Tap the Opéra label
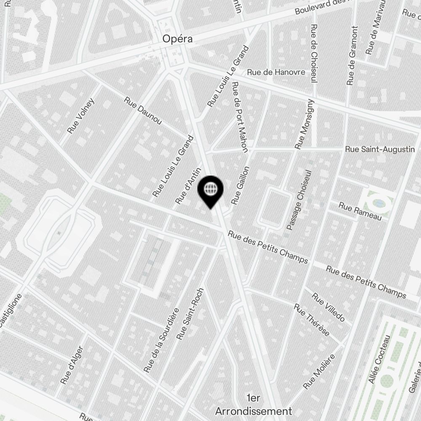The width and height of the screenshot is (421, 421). pyautogui.click(x=178, y=39)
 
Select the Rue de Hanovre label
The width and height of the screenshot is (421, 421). pyautogui.click(x=276, y=72)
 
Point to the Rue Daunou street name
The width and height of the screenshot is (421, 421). pyautogui.click(x=143, y=111)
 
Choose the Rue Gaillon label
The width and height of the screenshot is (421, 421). pyautogui.click(x=241, y=185)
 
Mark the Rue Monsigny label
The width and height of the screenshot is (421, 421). pyautogui.click(x=305, y=124)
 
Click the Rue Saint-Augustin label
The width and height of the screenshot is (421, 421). pyautogui.click(x=380, y=149)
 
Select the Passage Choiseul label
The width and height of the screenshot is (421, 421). pyautogui.click(x=300, y=200)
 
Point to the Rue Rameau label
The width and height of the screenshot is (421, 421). pyautogui.click(x=360, y=211)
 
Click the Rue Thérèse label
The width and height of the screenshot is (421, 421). pyautogui.click(x=312, y=320)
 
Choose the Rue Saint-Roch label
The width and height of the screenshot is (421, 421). pyautogui.click(x=191, y=314)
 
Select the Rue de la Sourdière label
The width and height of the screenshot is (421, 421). pyautogui.click(x=162, y=340)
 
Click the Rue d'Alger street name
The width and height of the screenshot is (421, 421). pyautogui.click(x=72, y=365)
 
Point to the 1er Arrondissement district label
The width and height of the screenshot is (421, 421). pyautogui.click(x=253, y=405)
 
